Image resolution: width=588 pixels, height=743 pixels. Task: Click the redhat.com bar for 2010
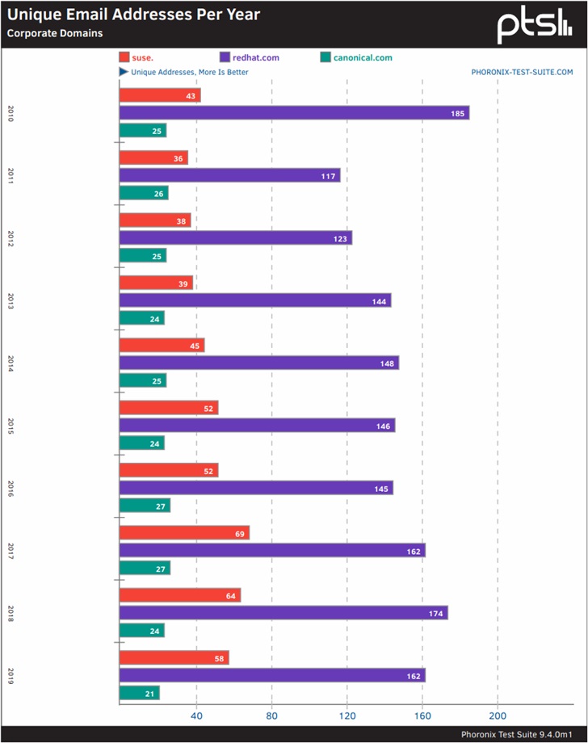click(294, 113)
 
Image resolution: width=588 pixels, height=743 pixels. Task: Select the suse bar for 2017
click(184, 533)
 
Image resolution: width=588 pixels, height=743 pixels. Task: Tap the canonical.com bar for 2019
click(140, 693)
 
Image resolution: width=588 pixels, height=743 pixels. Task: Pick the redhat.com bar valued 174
click(283, 613)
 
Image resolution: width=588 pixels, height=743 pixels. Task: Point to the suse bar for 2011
click(153, 157)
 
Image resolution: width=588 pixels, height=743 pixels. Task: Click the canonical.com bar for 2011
click(144, 193)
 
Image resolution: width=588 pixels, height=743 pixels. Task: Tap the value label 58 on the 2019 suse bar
click(218, 658)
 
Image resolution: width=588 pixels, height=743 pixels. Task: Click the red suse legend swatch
click(124, 57)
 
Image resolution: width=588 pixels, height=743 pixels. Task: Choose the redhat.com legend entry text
click(256, 57)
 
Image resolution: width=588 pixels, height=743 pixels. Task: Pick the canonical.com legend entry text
click(363, 57)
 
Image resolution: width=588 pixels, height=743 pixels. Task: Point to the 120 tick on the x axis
click(347, 716)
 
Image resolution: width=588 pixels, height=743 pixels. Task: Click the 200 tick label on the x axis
click(498, 716)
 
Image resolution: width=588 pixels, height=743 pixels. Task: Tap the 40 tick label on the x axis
click(195, 716)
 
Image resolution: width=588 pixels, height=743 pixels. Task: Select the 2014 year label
click(10, 362)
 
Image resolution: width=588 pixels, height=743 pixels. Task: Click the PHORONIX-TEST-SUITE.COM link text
click(522, 72)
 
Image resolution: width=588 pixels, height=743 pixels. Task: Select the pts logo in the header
click(534, 25)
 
